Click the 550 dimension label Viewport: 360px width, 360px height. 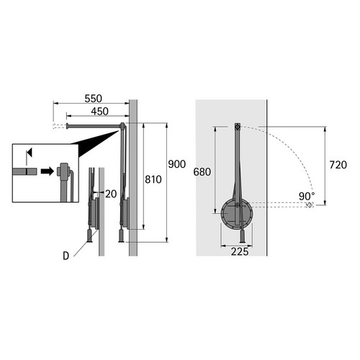[x=94, y=99]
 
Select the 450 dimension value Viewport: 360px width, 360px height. [x=99, y=112]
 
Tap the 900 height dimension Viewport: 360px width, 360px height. [x=177, y=164]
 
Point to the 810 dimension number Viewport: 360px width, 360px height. [x=153, y=179]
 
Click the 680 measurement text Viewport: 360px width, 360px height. [x=202, y=172]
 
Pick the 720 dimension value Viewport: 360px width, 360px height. [x=338, y=165]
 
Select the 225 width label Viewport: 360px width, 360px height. [x=240, y=251]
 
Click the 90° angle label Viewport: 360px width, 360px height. [x=307, y=197]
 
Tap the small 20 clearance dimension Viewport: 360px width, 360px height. [x=111, y=194]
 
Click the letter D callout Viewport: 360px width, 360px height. [x=66, y=256]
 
